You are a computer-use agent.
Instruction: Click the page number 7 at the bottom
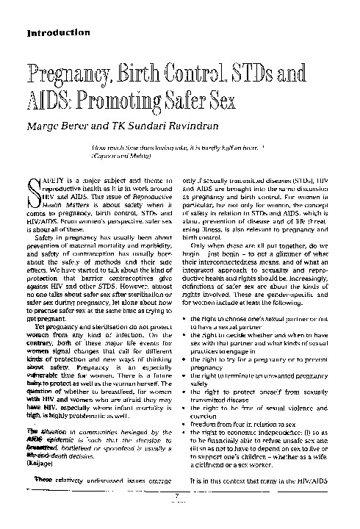[179, 516]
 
